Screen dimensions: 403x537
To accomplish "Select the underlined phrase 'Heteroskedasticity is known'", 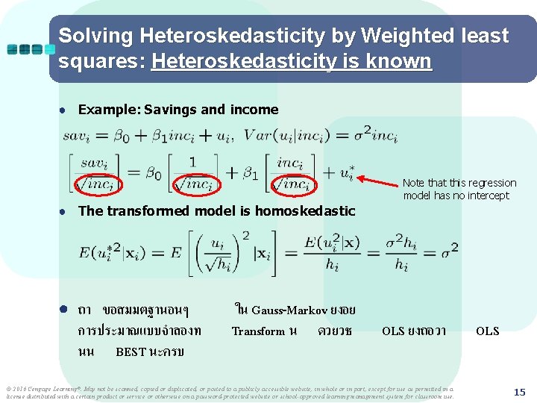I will click(x=291, y=61).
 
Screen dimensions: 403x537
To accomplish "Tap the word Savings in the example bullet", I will click(x=171, y=110).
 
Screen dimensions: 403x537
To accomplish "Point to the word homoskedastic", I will click(x=305, y=211).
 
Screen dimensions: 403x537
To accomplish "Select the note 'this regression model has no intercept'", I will click(x=459, y=189).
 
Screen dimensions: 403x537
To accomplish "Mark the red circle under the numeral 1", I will click(x=193, y=183).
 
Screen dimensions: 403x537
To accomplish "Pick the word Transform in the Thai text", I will click(x=258, y=331).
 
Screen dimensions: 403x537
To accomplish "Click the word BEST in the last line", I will click(x=131, y=352).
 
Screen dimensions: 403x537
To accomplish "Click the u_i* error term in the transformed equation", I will click(x=346, y=173).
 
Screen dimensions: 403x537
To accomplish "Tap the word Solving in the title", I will click(x=95, y=36).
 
